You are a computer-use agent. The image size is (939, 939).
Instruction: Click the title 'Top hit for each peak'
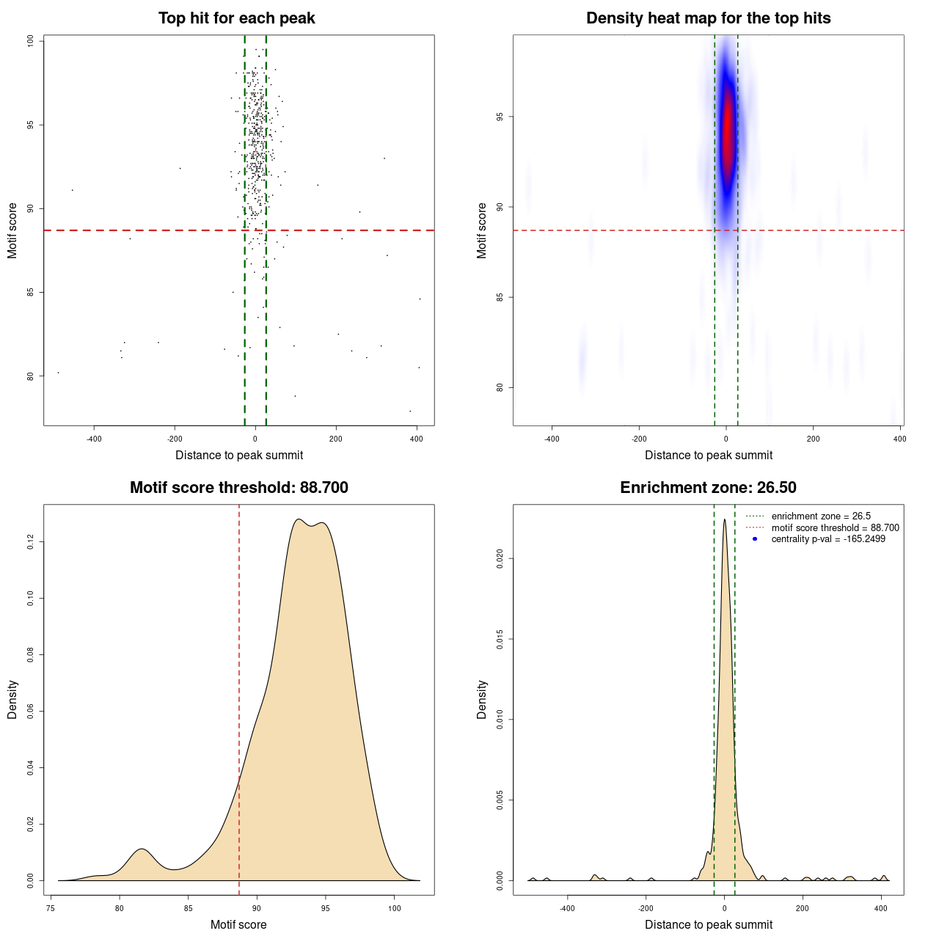tap(237, 18)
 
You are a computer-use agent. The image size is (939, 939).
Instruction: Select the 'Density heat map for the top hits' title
tap(708, 18)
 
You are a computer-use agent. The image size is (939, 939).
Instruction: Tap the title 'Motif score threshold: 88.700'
tap(238, 488)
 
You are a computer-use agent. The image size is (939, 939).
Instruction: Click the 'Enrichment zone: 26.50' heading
tap(708, 488)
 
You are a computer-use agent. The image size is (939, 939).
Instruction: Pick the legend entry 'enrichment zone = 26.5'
tap(821, 516)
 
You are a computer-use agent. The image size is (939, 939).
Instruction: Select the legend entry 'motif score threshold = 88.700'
tap(835, 528)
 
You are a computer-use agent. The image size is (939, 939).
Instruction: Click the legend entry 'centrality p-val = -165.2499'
tap(828, 539)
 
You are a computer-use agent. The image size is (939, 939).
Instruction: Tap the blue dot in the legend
tap(755, 539)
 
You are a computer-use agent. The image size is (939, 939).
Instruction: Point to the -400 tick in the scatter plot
tap(94, 439)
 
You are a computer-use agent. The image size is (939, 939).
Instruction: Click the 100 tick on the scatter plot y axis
tap(31, 41)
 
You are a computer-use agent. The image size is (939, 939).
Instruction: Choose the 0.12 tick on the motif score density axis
tap(31, 542)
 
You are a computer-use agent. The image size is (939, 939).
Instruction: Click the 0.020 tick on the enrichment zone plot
tap(500, 559)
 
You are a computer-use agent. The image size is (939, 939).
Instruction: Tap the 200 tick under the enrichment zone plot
tap(803, 909)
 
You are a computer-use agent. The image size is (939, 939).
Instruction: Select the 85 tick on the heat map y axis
tap(500, 297)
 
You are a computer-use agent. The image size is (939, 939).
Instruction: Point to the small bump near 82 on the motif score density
tap(142, 850)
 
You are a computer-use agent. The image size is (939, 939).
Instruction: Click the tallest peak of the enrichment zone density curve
tap(725, 520)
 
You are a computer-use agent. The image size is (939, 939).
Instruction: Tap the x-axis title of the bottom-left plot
tap(238, 925)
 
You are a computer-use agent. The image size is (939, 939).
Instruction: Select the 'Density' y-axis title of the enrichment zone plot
tap(482, 699)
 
